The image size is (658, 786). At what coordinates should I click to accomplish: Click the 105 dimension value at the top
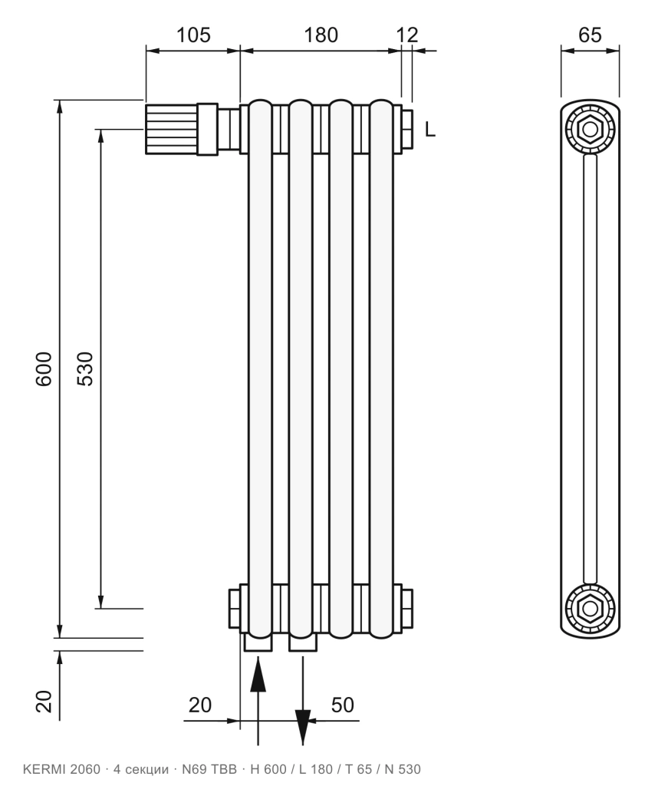pyautogui.click(x=193, y=35)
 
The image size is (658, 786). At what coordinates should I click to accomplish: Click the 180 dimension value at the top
pyautogui.click(x=321, y=35)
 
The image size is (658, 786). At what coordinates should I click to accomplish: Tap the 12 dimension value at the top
pyautogui.click(x=407, y=35)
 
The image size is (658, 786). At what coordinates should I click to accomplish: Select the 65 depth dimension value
pyautogui.click(x=590, y=35)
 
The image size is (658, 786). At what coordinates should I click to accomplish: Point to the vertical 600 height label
pyautogui.click(x=44, y=369)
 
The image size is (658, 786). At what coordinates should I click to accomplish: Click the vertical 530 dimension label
pyautogui.click(x=85, y=369)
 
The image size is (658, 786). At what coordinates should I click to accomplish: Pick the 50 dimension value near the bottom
pyautogui.click(x=343, y=705)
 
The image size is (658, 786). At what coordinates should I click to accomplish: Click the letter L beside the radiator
pyautogui.click(x=430, y=130)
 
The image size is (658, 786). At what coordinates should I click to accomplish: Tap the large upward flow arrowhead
pyautogui.click(x=258, y=674)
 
